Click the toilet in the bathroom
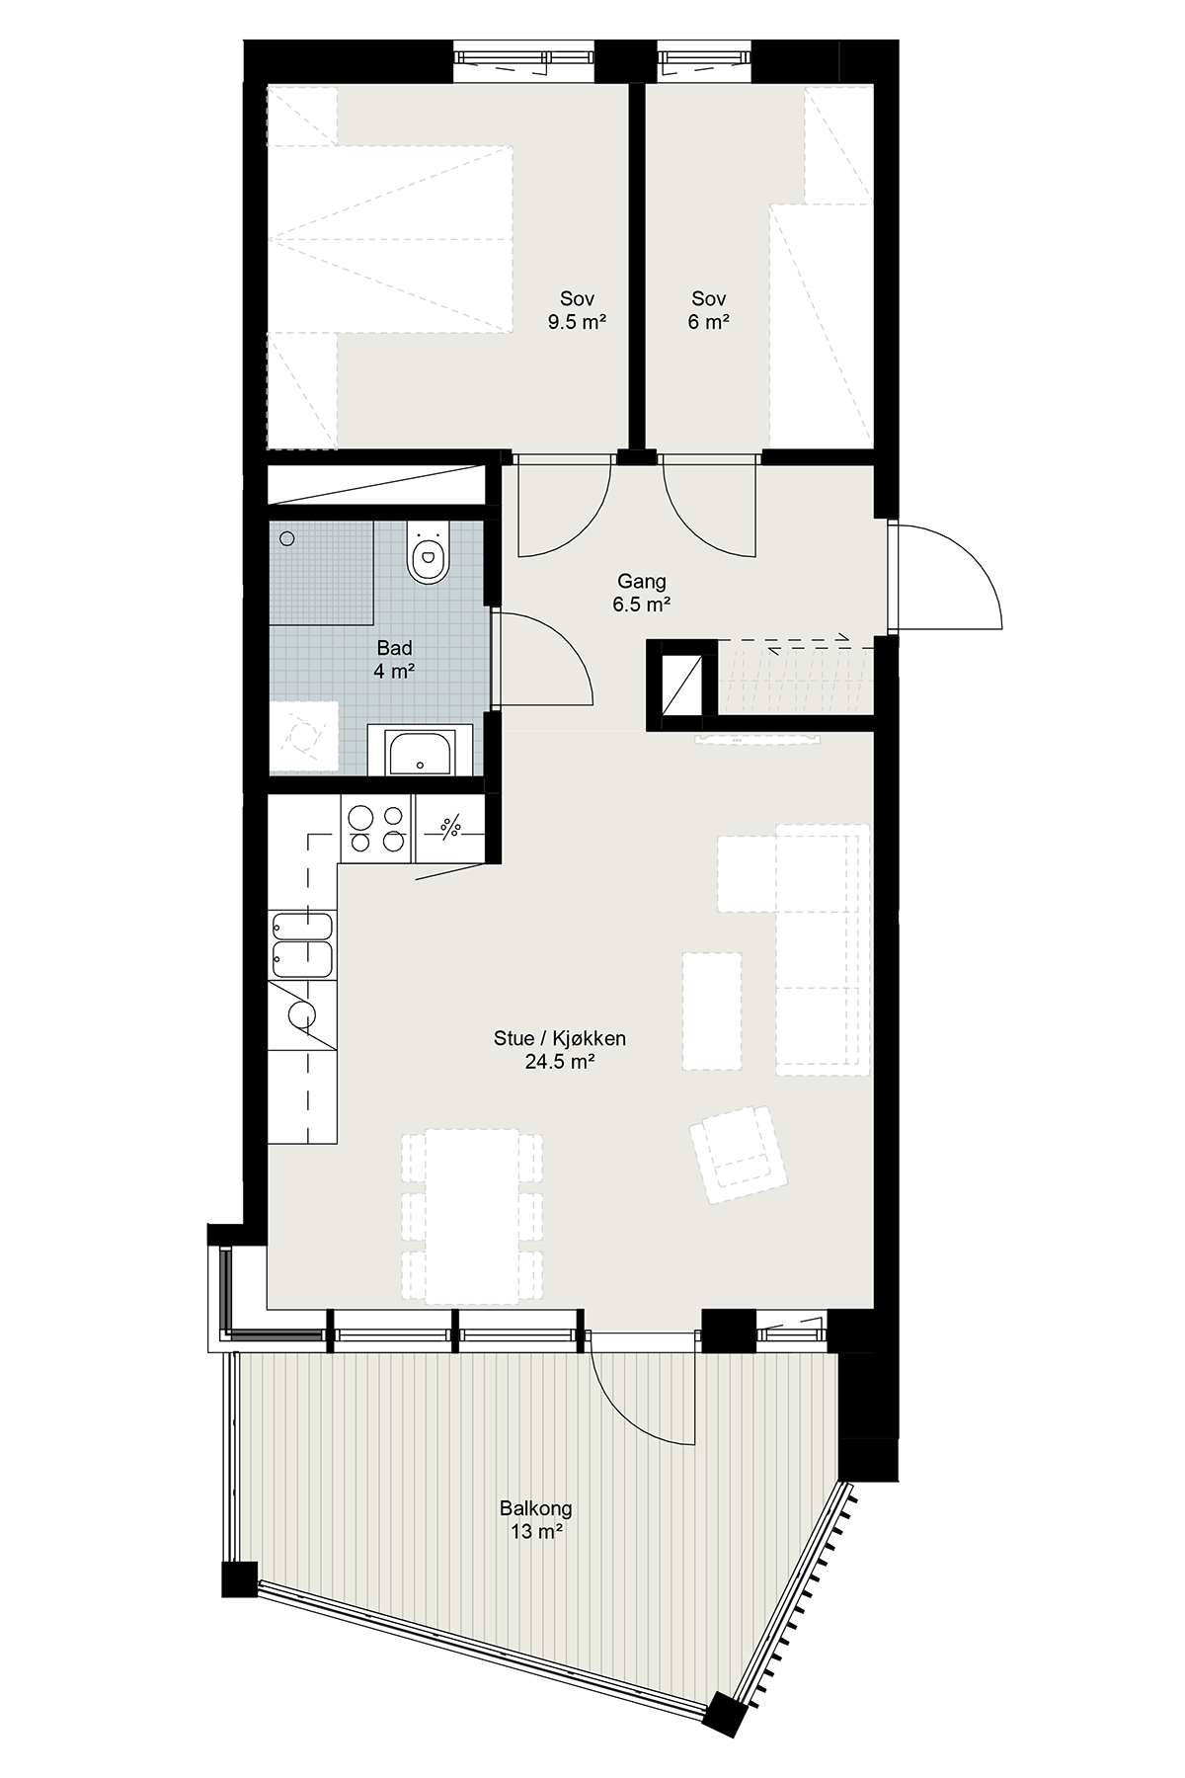click(427, 553)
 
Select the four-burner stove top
click(375, 828)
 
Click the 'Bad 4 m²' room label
click(394, 660)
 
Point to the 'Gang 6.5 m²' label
click(642, 594)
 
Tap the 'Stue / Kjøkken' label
click(560, 1038)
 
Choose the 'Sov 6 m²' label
click(709, 310)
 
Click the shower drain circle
click(287, 538)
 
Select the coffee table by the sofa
click(712, 1010)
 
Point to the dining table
click(472, 1215)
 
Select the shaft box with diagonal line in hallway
click(681, 685)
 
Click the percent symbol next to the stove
click(449, 828)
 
